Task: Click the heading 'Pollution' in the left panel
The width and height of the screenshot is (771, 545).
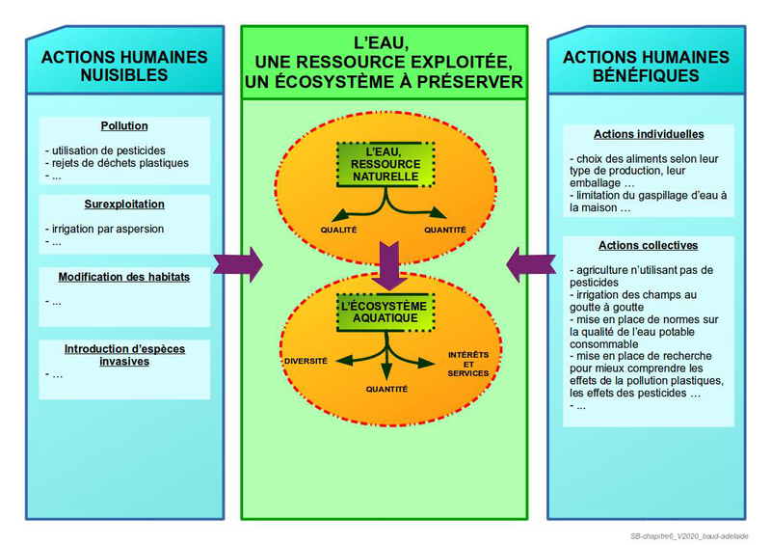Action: click(124, 126)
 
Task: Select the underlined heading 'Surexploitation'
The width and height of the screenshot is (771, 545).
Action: click(124, 204)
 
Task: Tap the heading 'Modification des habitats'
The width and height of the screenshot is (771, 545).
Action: click(124, 277)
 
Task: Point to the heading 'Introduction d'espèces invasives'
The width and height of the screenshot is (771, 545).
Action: click(124, 355)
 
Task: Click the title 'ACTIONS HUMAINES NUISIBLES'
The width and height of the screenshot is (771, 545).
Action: click(124, 66)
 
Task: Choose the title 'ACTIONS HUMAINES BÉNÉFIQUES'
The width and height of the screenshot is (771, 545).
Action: click(646, 66)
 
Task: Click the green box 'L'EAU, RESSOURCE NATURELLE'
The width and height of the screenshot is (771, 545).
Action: click(385, 165)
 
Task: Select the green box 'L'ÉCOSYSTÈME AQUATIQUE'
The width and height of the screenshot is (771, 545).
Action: click(385, 312)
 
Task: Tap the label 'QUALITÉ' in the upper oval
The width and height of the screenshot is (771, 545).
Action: click(339, 230)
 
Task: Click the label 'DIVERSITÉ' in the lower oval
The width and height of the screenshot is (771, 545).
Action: click(306, 361)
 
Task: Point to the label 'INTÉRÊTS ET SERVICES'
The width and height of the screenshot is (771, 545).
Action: click(468, 364)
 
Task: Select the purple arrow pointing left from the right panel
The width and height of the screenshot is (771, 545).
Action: click(530, 264)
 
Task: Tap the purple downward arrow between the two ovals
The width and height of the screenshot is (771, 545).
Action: click(386, 265)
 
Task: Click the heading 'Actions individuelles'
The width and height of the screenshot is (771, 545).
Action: click(649, 135)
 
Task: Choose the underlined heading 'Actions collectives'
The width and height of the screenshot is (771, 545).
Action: click(648, 246)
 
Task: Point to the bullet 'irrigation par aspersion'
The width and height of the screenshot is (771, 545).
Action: click(108, 229)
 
